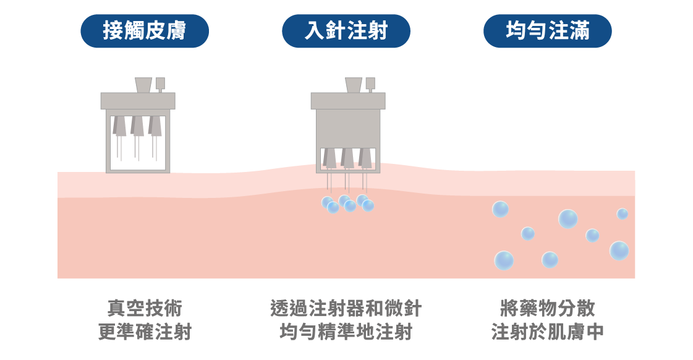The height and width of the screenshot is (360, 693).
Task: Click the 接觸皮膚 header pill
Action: (145, 31)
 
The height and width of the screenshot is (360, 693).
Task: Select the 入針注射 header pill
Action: (346, 31)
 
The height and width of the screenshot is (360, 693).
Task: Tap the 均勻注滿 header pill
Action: (547, 31)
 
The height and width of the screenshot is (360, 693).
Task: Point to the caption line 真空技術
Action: (145, 308)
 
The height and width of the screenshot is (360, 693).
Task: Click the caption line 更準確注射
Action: (145, 332)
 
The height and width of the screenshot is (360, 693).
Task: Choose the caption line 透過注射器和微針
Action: (346, 308)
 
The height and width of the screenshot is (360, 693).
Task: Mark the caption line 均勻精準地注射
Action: (346, 332)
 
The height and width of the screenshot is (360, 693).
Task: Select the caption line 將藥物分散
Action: (547, 308)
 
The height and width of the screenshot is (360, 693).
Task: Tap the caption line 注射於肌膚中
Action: (547, 332)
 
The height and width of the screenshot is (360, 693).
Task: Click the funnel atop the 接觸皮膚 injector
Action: (143, 85)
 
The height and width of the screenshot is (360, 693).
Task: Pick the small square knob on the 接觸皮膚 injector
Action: (161, 83)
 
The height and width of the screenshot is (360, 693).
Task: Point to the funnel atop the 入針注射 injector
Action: (354, 85)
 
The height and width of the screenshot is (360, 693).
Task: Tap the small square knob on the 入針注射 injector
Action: (370, 83)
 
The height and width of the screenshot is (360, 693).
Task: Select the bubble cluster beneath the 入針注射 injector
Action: (347, 203)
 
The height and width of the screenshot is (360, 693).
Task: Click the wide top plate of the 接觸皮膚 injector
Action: (138, 101)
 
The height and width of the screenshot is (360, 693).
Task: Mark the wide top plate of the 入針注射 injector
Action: (347, 101)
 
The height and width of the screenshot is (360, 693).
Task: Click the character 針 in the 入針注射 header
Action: (336, 31)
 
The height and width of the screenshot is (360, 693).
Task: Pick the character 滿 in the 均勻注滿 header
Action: (579, 31)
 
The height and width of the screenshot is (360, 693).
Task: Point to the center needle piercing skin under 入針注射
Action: (347, 183)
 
